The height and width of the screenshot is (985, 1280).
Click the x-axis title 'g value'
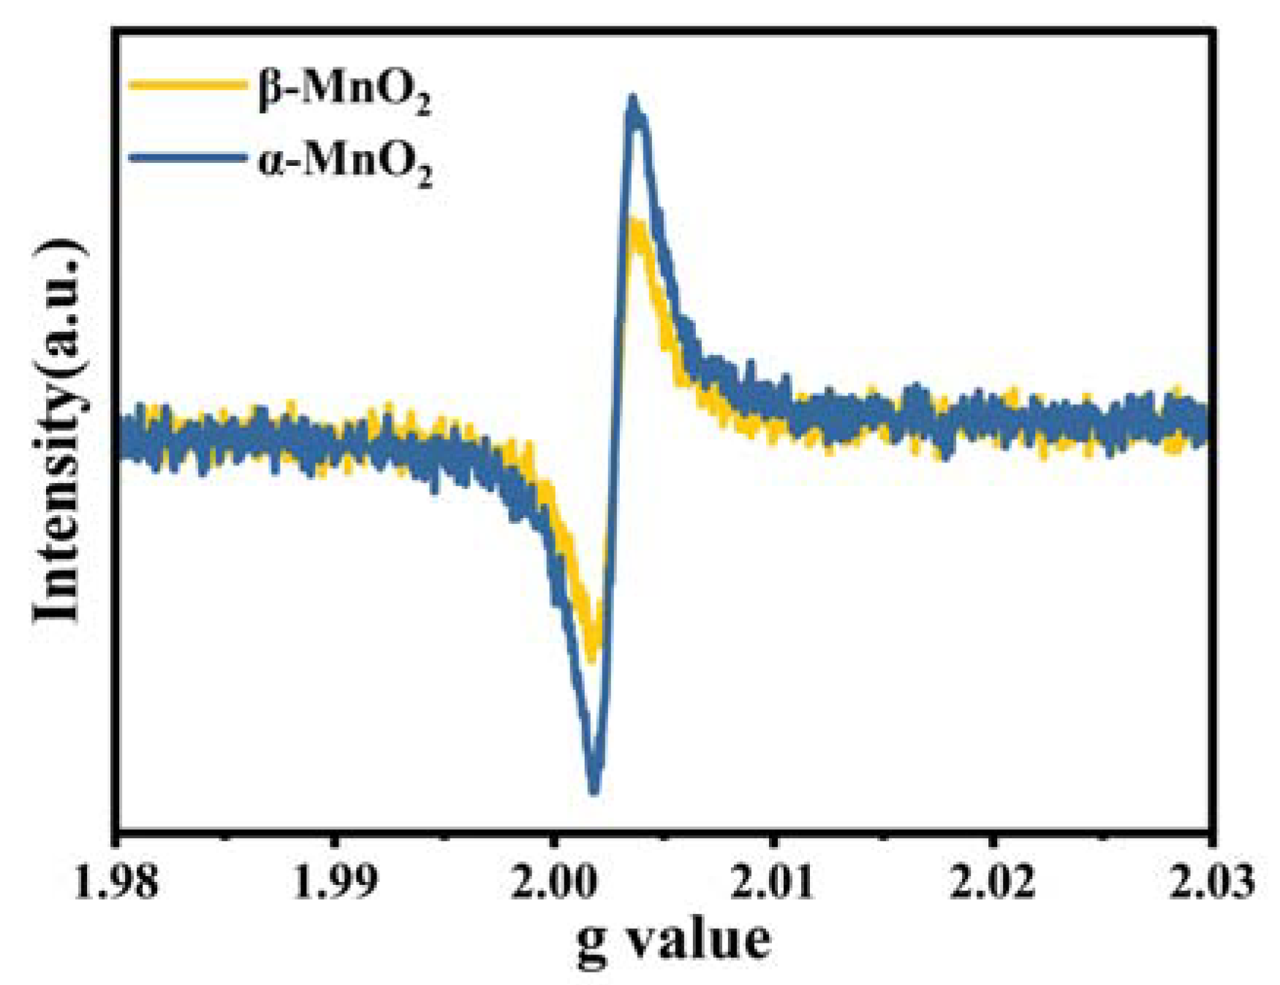tap(673, 940)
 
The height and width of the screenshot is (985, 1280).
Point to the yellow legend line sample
tap(186, 85)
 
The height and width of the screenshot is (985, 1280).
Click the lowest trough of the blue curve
tap(594, 789)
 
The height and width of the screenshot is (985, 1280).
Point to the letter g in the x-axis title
tap(592, 944)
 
